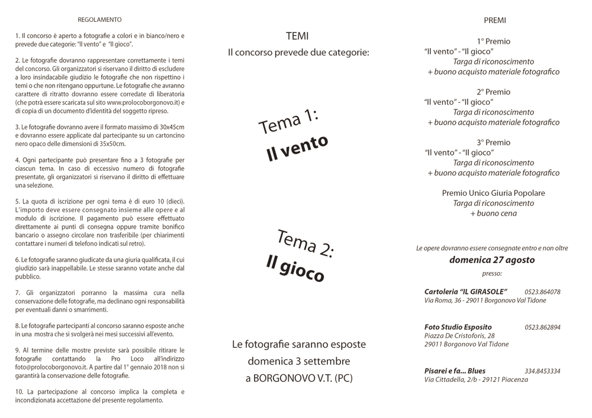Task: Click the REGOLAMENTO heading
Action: (99, 20)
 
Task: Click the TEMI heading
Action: (297, 36)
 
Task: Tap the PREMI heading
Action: (494, 20)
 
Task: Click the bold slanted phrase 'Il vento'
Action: (297, 148)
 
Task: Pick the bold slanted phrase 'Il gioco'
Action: (295, 269)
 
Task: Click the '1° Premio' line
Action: (494, 41)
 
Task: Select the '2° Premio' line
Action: (494, 92)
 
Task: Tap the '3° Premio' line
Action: (494, 142)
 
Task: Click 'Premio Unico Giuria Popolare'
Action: (493, 193)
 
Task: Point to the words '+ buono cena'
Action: (493, 213)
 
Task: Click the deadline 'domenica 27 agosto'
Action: (491, 260)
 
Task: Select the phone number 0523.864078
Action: (542, 292)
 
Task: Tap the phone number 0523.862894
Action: (542, 327)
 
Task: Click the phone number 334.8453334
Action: (542, 371)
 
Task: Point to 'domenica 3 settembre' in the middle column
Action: (299, 361)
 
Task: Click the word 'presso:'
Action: (491, 274)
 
